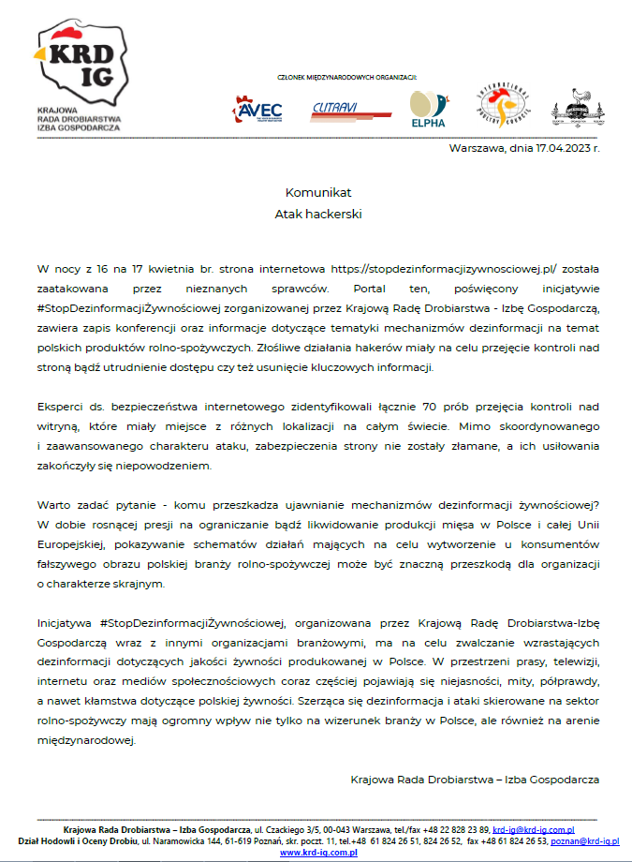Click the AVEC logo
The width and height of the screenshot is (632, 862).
point(257,111)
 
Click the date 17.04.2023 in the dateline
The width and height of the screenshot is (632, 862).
point(558,148)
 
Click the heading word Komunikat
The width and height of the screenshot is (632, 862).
point(317,192)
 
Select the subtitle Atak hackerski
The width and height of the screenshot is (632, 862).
point(317,214)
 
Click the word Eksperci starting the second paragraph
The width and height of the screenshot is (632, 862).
point(61,408)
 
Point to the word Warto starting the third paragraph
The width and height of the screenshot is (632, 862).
point(54,507)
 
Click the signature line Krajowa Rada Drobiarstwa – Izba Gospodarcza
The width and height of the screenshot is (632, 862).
point(474,779)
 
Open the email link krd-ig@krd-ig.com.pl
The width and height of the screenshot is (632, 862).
point(533,829)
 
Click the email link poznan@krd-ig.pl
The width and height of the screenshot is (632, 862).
point(584,841)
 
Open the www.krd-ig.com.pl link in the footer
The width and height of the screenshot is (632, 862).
point(319,853)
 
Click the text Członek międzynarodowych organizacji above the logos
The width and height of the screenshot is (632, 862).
point(346,77)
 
